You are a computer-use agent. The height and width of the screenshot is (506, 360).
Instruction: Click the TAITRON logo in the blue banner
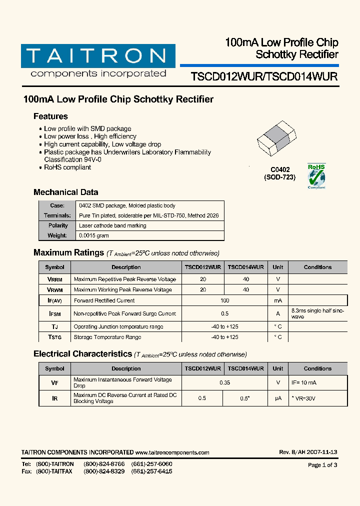click(98, 56)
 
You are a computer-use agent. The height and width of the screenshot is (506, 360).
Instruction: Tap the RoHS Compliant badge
click(316, 176)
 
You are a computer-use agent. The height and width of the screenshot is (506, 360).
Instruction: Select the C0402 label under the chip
click(280, 170)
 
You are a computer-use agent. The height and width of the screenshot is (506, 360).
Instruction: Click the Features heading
click(50, 116)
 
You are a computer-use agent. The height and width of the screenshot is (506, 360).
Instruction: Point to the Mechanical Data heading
click(65, 192)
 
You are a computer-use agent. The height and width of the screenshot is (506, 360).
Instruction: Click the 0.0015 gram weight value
click(93, 235)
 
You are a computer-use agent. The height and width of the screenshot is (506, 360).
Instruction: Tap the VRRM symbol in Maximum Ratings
click(54, 279)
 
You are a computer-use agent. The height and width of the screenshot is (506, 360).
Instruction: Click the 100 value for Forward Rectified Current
click(224, 300)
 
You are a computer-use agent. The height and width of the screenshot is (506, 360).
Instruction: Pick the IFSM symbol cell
click(54, 313)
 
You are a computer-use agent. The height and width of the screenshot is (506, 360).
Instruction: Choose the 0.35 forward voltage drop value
click(224, 382)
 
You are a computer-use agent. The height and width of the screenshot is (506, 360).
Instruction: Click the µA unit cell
click(277, 398)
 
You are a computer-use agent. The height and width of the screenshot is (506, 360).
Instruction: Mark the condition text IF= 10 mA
click(303, 382)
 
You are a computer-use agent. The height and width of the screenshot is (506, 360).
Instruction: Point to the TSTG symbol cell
click(54, 337)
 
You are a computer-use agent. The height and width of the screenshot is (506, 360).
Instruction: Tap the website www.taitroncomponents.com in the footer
click(172, 452)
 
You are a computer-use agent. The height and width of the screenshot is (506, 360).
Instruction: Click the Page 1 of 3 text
click(322, 465)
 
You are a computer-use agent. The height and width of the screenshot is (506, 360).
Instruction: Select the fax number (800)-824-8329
click(104, 471)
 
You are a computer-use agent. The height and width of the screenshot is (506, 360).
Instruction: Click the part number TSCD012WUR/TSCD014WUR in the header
click(264, 76)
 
